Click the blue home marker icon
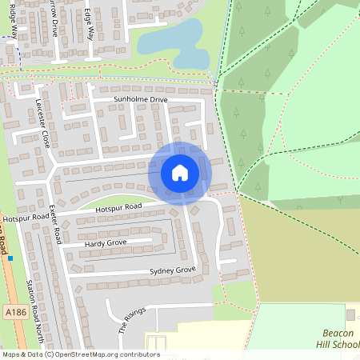(x=180, y=172)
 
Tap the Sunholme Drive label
(x=141, y=99)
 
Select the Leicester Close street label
(x=43, y=123)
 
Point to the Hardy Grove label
(x=106, y=242)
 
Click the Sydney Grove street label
(x=173, y=271)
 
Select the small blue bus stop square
(x=10, y=258)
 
